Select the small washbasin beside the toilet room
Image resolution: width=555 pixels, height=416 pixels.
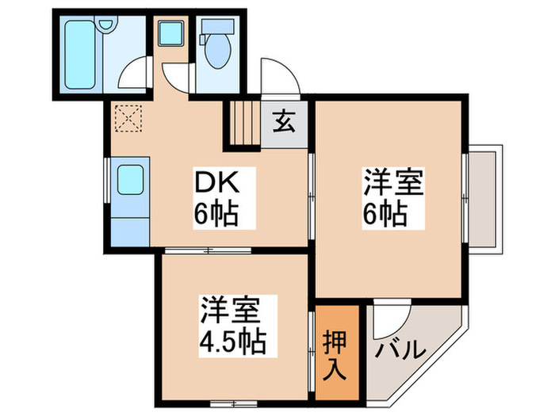pyautogui.click(x=170, y=34)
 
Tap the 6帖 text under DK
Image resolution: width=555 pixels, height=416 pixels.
pyautogui.click(x=214, y=213)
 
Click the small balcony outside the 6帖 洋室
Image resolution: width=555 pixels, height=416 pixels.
pyautogui.click(x=484, y=198)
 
